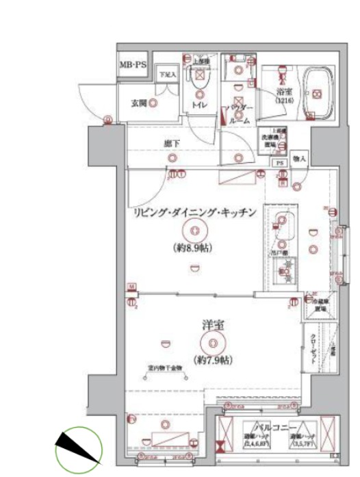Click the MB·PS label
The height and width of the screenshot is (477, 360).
134,65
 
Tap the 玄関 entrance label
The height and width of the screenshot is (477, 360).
139,103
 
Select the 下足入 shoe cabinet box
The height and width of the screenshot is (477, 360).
168,74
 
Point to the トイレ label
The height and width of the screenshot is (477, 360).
200,105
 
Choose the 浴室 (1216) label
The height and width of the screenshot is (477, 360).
284,95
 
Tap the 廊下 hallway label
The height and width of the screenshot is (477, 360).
172,144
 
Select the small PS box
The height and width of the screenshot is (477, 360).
279,164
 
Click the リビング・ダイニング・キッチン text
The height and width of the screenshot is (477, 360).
195,213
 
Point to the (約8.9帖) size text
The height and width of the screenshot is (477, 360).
195,248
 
